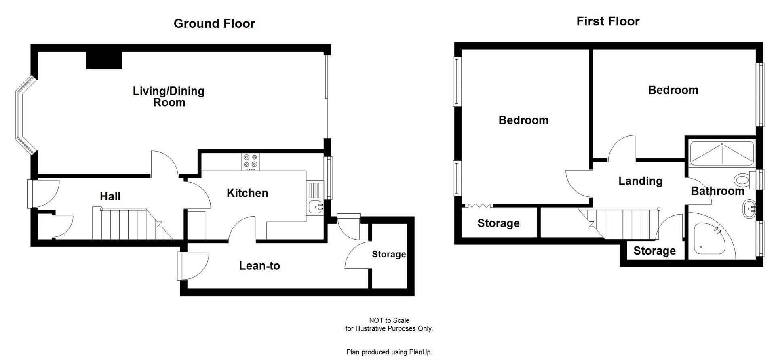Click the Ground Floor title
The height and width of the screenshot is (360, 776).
[x=214, y=23]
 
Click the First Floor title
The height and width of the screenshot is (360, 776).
[x=607, y=21]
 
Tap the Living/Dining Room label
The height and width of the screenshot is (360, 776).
[x=169, y=97]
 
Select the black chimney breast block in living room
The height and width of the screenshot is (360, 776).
[x=104, y=61]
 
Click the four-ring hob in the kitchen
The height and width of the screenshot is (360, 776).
[x=251, y=161]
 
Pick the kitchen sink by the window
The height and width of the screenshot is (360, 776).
[x=315, y=207]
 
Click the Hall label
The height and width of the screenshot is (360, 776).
[x=110, y=196]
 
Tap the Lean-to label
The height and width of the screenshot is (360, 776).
[x=259, y=266]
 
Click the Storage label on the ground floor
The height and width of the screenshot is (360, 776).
[x=388, y=254]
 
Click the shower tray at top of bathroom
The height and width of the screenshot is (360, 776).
[x=722, y=154]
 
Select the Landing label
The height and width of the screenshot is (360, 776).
[x=640, y=181]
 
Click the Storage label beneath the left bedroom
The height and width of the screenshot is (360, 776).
[x=498, y=223]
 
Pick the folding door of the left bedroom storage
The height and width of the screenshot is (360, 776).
[x=479, y=206]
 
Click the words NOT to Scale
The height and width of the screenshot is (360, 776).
[x=389, y=320]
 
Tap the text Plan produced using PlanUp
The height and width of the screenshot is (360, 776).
[x=389, y=352]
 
